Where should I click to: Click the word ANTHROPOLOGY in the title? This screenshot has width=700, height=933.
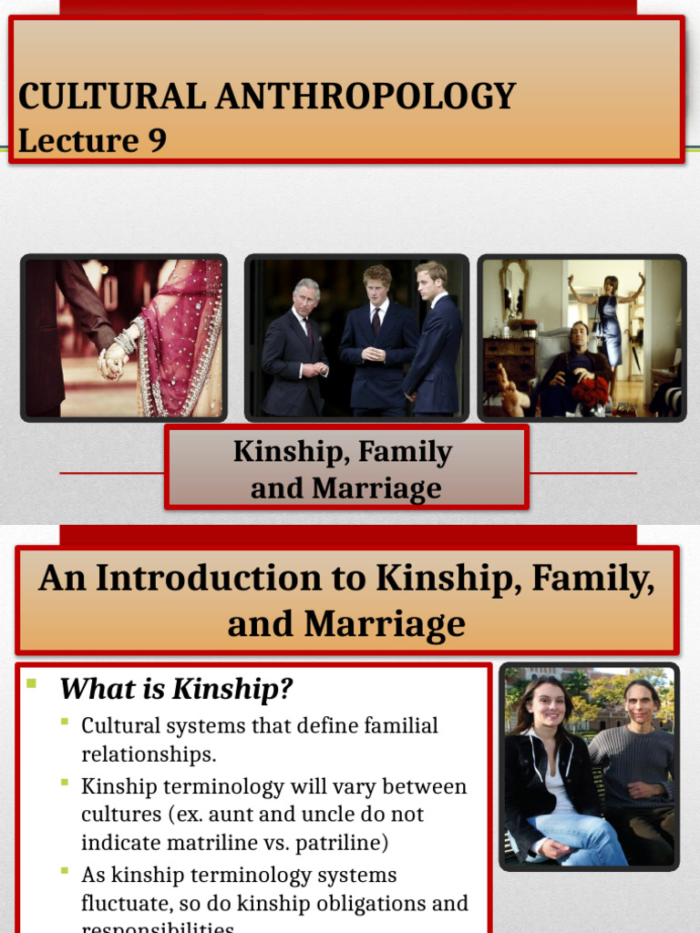point(365,97)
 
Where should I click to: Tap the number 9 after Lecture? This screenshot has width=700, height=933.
point(156,140)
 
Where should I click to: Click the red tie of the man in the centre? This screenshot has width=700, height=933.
point(376,319)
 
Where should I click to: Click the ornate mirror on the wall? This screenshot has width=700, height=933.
point(513,292)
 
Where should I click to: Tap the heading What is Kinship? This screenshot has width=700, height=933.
point(177,689)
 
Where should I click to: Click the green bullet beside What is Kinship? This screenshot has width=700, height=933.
point(32,682)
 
